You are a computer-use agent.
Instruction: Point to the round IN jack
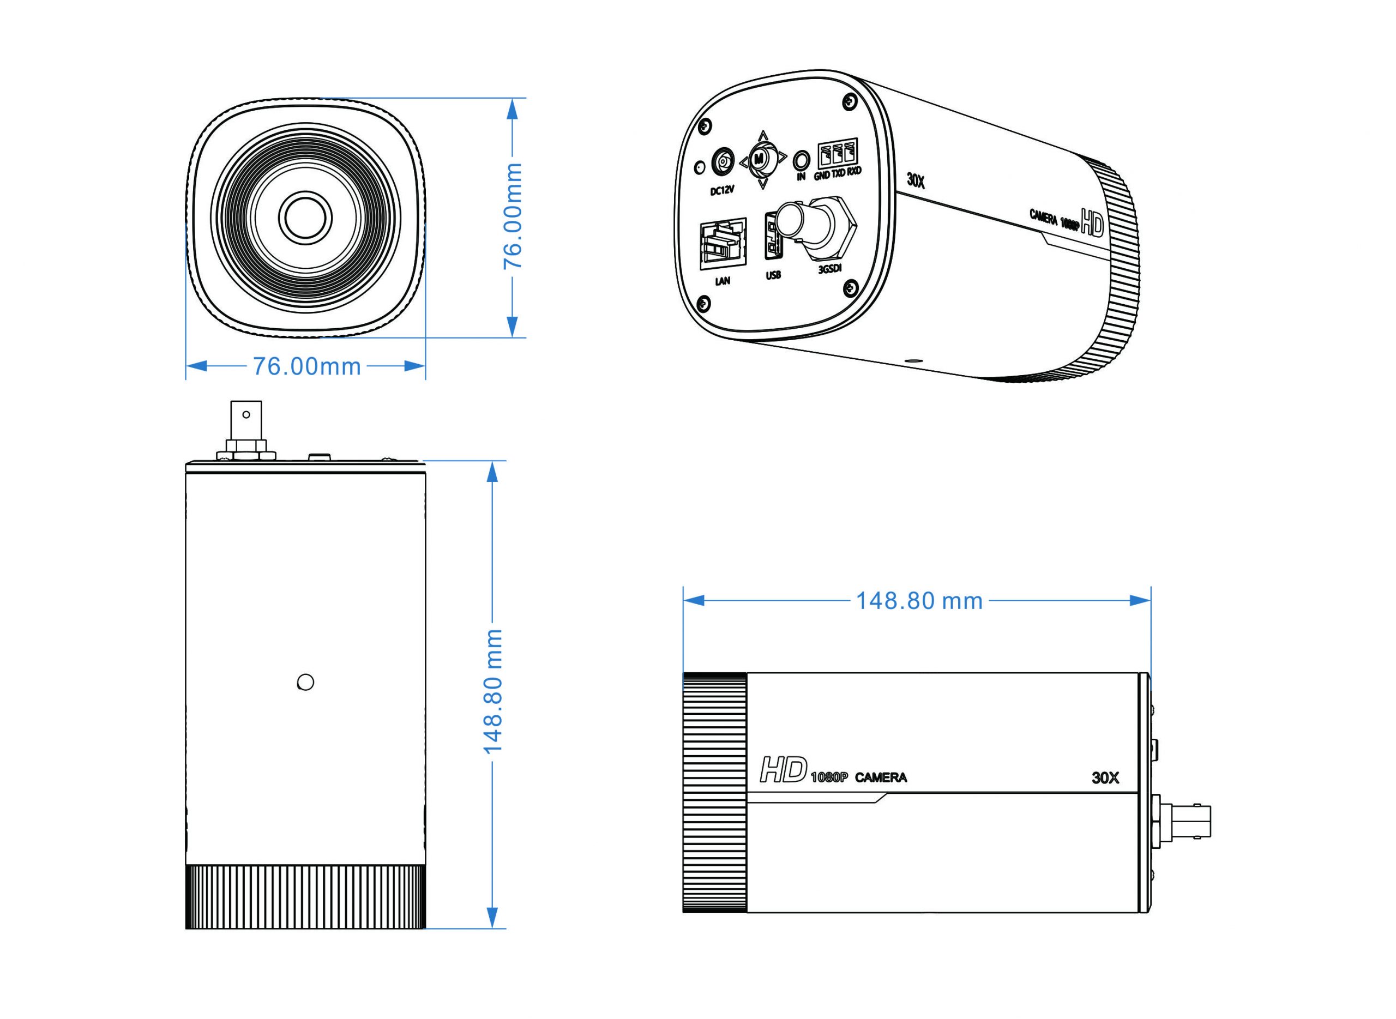click(x=801, y=160)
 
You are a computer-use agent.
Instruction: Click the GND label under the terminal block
click(x=821, y=175)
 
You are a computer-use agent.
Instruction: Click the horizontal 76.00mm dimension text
click(x=306, y=366)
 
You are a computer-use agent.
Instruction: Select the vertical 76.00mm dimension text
click(x=513, y=216)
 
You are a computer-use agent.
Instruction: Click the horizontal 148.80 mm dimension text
click(x=919, y=601)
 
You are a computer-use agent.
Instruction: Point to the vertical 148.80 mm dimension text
click(x=493, y=691)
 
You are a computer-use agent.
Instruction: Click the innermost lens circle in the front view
click(x=305, y=216)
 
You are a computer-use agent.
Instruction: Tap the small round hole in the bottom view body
click(x=305, y=682)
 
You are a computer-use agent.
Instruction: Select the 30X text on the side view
click(x=1105, y=778)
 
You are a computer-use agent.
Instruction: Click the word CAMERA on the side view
click(x=881, y=778)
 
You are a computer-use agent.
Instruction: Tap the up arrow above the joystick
click(x=763, y=135)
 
